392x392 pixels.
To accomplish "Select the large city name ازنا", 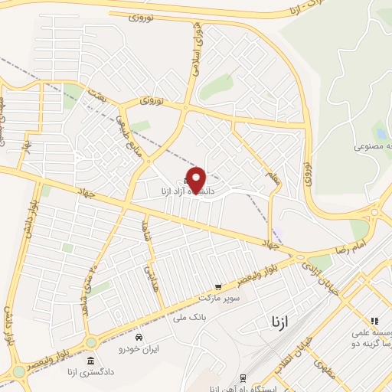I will point(280,322).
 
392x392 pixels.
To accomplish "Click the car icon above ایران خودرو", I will point(139,337).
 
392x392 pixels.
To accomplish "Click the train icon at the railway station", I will point(242,377).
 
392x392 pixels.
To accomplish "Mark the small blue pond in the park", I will point(379,132).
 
